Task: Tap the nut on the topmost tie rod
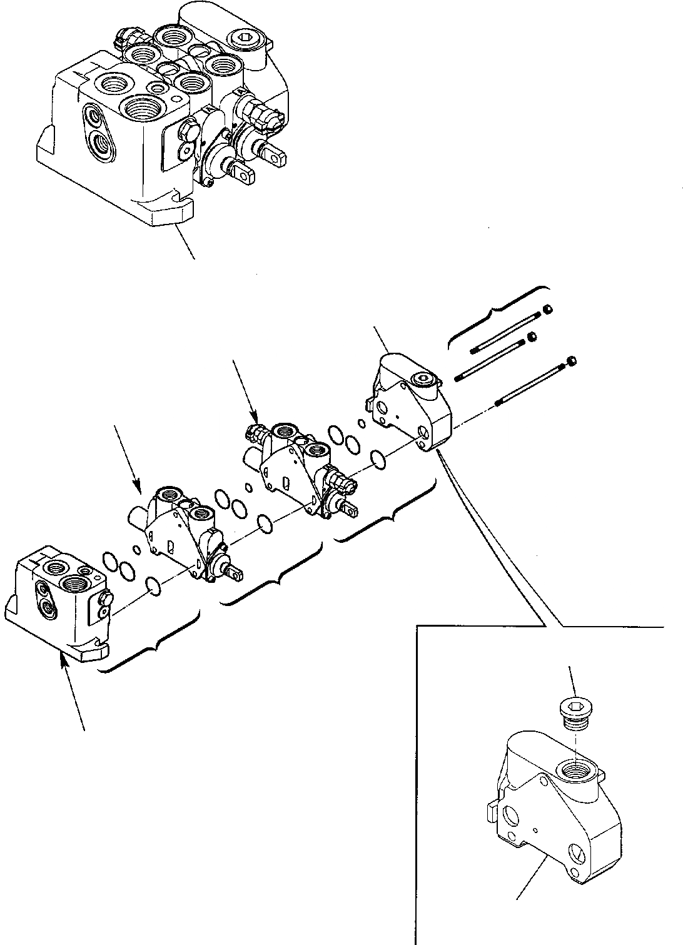[547, 310]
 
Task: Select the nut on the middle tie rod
[532, 337]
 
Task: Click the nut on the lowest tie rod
[571, 361]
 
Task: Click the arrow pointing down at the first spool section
[128, 457]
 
